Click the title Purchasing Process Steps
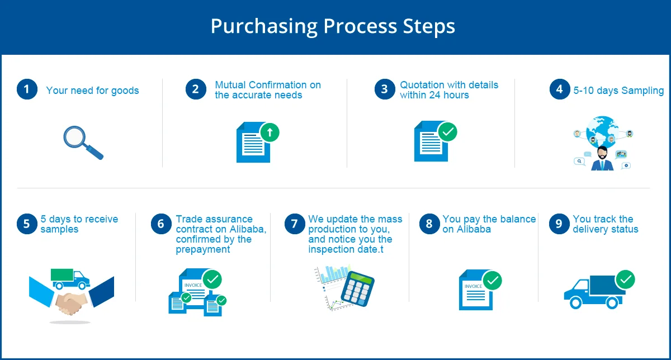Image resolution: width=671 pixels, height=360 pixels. click(333, 26)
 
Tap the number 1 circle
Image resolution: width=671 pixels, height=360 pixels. click(27, 89)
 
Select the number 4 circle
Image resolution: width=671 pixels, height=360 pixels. click(559, 89)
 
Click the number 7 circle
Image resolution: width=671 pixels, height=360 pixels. click(295, 224)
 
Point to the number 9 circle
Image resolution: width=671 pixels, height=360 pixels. click(559, 224)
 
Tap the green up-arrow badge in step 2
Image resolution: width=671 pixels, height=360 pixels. click(270, 133)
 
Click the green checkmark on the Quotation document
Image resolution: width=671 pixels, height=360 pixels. click(447, 132)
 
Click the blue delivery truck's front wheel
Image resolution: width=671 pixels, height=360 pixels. click(575, 302)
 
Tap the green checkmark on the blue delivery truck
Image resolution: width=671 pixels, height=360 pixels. click(625, 279)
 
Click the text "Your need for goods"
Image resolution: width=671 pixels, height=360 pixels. click(92, 91)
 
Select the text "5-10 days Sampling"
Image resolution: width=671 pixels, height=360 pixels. click(618, 91)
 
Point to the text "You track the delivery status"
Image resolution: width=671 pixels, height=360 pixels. click(605, 224)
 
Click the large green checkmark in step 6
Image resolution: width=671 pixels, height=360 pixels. click(212, 279)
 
